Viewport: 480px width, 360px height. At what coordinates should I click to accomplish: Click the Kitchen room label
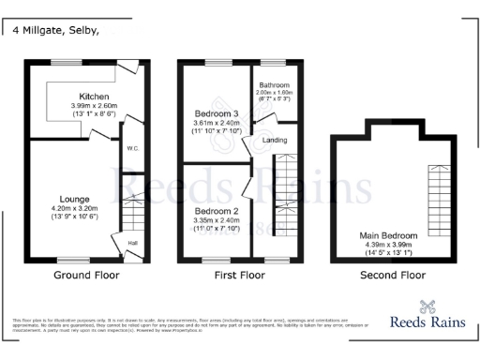point(95,97)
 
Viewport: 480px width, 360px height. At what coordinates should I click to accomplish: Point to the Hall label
point(132,243)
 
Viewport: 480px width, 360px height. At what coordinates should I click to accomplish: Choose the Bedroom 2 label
point(217,212)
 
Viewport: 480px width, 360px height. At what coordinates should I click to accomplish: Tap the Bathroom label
point(276,84)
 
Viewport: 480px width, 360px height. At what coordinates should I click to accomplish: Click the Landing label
point(275,141)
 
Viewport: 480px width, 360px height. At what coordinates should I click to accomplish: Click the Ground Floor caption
point(82,276)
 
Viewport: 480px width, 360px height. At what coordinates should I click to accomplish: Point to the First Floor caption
point(239,276)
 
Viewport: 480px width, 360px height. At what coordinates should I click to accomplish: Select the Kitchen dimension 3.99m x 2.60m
point(95,106)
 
